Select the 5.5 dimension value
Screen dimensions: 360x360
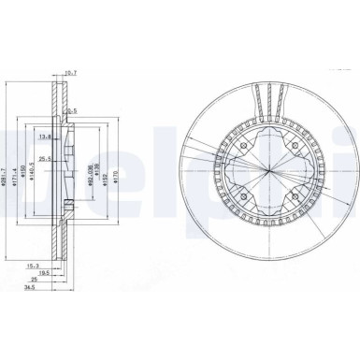[70, 109]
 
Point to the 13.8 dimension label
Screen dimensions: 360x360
[43, 137]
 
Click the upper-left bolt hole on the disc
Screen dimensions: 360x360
[241, 145]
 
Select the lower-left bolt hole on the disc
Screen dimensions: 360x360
[241, 202]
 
